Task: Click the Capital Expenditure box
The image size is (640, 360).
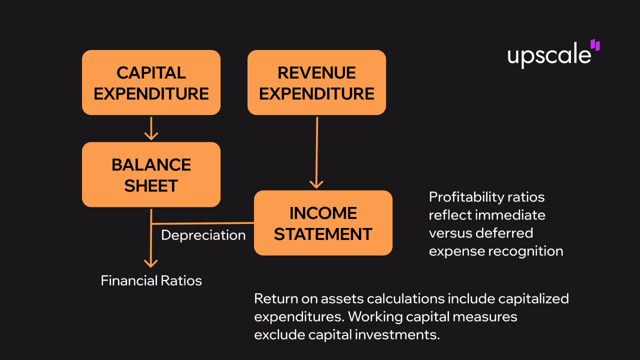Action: [151, 82]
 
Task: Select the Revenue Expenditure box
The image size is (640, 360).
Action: [316, 82]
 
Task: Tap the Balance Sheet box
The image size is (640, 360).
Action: [151, 174]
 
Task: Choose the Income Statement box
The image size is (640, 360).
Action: [323, 223]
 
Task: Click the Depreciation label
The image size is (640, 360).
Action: [203, 235]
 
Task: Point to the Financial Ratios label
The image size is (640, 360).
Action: [151, 280]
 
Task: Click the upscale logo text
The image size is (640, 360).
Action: [548, 55]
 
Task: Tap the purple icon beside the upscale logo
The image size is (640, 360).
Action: [595, 45]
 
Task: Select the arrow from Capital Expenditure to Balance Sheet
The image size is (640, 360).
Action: [151, 128]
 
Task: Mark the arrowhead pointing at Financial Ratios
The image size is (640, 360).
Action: [151, 262]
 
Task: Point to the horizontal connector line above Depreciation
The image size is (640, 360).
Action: [202, 223]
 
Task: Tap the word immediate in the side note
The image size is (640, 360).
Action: [510, 215]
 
